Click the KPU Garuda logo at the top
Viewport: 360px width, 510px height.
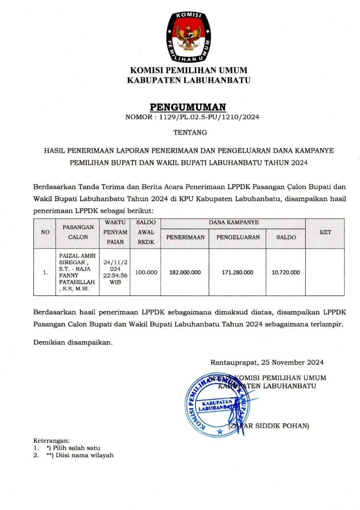click(x=189, y=37)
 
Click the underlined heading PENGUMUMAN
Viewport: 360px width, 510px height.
click(x=188, y=107)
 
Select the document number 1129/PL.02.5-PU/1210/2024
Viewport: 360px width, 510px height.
click(x=209, y=117)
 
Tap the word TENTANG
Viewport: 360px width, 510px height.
click(x=190, y=133)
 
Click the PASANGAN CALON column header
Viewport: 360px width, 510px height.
click(x=78, y=232)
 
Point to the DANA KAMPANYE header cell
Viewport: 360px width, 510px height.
click(x=233, y=223)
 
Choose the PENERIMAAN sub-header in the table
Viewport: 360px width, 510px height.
click(x=185, y=237)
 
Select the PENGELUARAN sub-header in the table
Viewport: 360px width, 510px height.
click(x=238, y=237)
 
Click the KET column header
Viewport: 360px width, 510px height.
click(x=325, y=232)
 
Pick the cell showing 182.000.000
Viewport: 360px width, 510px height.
click(x=185, y=272)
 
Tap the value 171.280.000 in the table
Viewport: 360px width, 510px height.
click(x=237, y=272)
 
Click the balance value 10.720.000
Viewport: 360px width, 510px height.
click(x=286, y=272)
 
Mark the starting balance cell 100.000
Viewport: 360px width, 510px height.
click(x=146, y=272)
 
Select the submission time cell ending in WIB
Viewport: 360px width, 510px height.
click(x=115, y=272)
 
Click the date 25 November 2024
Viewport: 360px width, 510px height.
click(x=292, y=362)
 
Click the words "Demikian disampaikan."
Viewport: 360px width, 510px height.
click(x=73, y=343)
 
